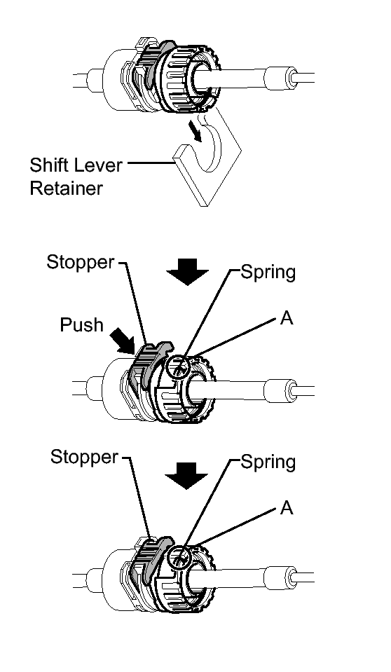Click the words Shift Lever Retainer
tap(76, 177)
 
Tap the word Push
tap(82, 325)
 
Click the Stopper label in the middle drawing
tap(81, 262)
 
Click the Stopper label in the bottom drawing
tap(84, 457)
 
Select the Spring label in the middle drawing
tap(268, 272)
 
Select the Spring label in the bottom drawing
tap(268, 462)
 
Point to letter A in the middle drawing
tap(287, 318)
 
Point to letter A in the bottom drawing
tap(287, 508)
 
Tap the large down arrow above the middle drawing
tap(187, 272)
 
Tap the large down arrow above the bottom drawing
tap(186, 476)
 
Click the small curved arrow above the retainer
tap(197, 132)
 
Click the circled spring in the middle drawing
tap(179, 367)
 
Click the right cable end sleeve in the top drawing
tap(281, 78)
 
